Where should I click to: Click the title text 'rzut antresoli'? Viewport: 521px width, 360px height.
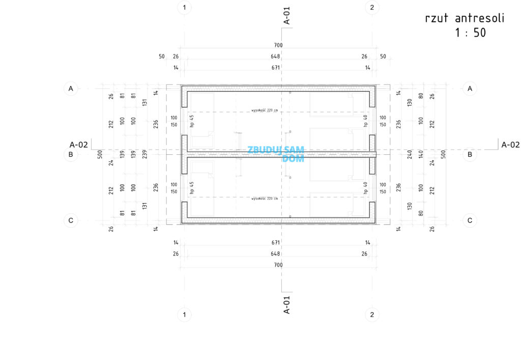[465, 19]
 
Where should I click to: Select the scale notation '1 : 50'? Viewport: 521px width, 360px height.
[470, 34]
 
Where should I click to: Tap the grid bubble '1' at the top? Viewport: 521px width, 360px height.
[184, 7]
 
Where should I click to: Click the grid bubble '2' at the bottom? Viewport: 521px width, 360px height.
[372, 314]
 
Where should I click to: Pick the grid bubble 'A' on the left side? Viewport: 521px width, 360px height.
[71, 89]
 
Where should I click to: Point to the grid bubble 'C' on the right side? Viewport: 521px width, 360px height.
[470, 220]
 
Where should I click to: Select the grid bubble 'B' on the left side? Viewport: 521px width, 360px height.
[71, 154]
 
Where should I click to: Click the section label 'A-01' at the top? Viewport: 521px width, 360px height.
[287, 15]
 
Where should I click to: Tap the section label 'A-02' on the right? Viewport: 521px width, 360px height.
[510, 145]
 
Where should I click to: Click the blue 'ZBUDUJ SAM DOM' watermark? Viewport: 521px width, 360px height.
[276, 154]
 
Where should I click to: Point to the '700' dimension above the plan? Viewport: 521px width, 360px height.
[278, 45]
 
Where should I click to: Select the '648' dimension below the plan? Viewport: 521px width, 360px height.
[275, 254]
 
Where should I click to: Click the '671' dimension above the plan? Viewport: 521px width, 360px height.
[276, 68]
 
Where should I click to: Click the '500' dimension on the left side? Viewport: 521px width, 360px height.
[100, 154]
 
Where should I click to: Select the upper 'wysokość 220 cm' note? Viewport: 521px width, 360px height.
[265, 110]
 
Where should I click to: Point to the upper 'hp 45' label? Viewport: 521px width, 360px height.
[192, 121]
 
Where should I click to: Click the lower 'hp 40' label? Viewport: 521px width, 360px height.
[365, 187]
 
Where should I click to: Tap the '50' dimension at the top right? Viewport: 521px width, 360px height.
[383, 57]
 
